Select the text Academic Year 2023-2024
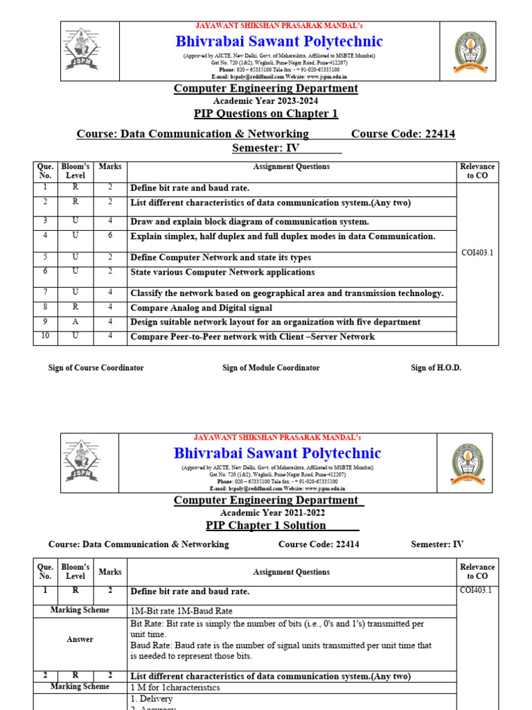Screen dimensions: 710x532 click(265, 101)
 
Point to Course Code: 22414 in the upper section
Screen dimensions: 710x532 click(403, 134)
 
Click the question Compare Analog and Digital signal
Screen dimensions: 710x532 click(202, 308)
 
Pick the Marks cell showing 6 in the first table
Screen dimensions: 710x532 click(109, 236)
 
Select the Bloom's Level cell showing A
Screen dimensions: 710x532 click(76, 322)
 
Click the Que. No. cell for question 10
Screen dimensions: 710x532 click(45, 336)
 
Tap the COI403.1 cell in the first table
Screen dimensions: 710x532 click(477, 253)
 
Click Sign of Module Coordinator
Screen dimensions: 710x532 click(271, 367)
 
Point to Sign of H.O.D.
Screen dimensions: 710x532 click(436, 367)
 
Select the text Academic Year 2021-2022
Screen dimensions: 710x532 click(265, 512)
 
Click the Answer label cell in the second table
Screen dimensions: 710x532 click(80, 639)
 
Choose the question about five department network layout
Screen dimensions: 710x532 click(275, 322)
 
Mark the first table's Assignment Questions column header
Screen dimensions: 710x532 click(291, 167)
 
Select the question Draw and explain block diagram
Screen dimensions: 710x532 click(249, 222)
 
